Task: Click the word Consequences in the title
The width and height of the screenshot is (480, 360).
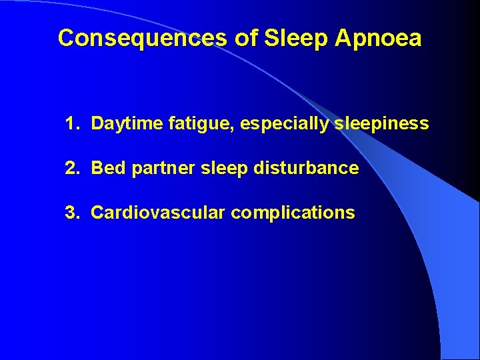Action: [143, 38]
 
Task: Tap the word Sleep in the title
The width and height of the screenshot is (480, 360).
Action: [297, 38]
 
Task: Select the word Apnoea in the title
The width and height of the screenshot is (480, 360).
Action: [379, 38]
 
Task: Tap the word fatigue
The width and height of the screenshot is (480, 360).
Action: [199, 124]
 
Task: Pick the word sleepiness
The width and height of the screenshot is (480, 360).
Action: [381, 124]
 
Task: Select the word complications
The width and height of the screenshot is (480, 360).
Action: [293, 213]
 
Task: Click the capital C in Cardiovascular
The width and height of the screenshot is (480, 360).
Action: [97, 213]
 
